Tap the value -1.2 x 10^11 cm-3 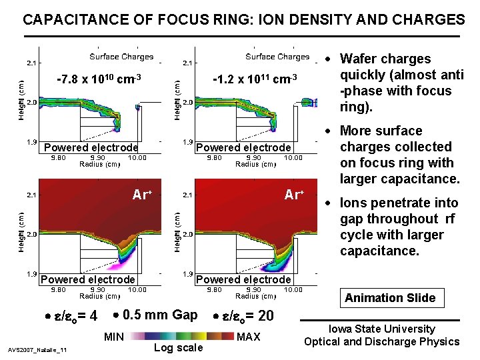[x=253, y=80]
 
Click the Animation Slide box [x=390, y=298]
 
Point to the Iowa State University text [x=381, y=329]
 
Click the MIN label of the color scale [x=113, y=337]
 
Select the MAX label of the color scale [x=249, y=337]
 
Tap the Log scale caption [x=178, y=348]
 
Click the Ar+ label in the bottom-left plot [x=142, y=195]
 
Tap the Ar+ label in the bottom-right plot [x=294, y=195]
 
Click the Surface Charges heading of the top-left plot [x=121, y=57]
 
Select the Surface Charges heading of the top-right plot [x=277, y=57]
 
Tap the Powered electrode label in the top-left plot [x=91, y=147]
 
